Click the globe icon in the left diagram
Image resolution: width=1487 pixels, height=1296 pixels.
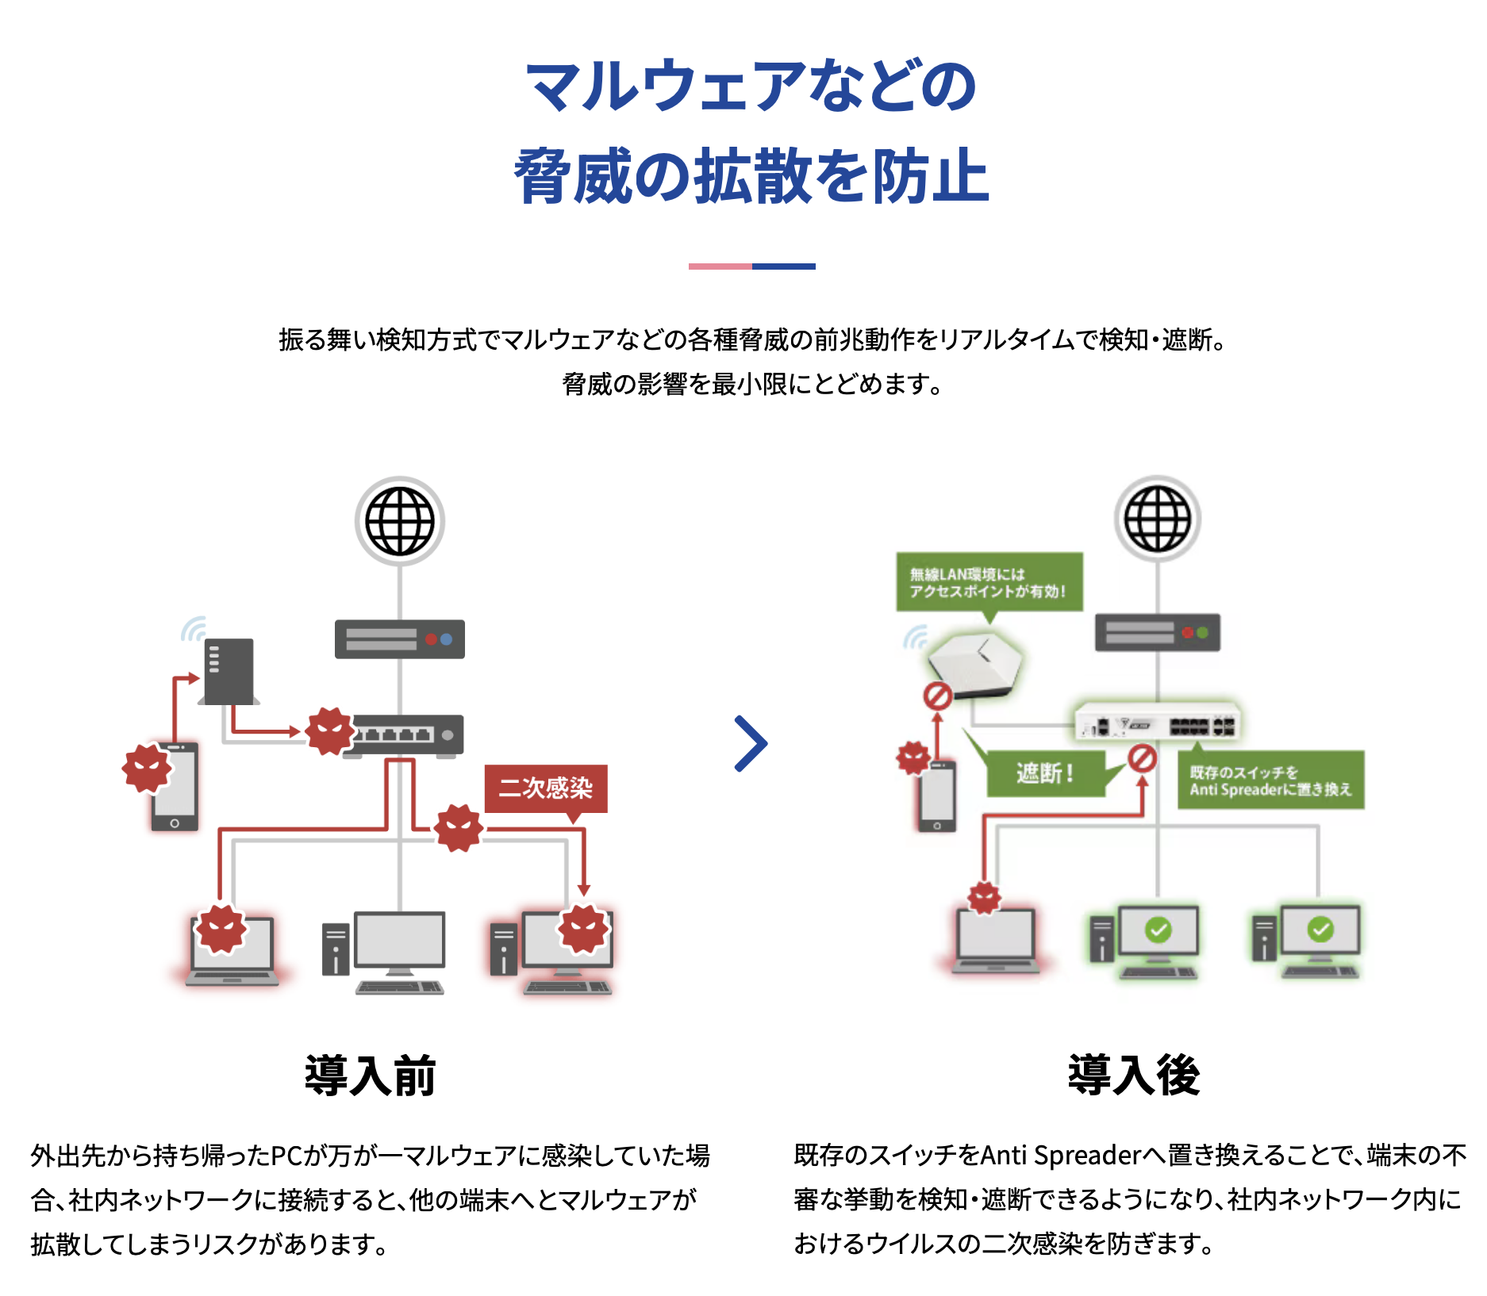400,521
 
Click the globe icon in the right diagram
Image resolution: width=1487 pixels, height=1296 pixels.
1158,519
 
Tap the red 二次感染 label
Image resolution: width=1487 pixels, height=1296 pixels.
546,788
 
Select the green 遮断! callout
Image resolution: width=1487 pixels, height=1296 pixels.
1045,773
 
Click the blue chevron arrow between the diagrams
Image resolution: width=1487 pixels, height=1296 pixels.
750,743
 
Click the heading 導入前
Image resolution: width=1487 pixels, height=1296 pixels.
371,1076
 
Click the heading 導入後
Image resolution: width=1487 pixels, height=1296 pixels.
1133,1076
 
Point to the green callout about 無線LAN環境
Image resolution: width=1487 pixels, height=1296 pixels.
989,582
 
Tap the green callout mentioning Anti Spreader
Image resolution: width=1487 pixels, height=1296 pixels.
1270,780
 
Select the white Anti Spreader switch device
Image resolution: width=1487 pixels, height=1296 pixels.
1158,723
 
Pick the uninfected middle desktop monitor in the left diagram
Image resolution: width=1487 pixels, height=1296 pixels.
399,940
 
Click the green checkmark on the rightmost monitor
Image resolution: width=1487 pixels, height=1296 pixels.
1320,929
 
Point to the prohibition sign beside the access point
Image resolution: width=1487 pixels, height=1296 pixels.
937,696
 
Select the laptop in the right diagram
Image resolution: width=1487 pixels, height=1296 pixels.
996,940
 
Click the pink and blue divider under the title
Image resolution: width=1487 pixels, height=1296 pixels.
751,266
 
